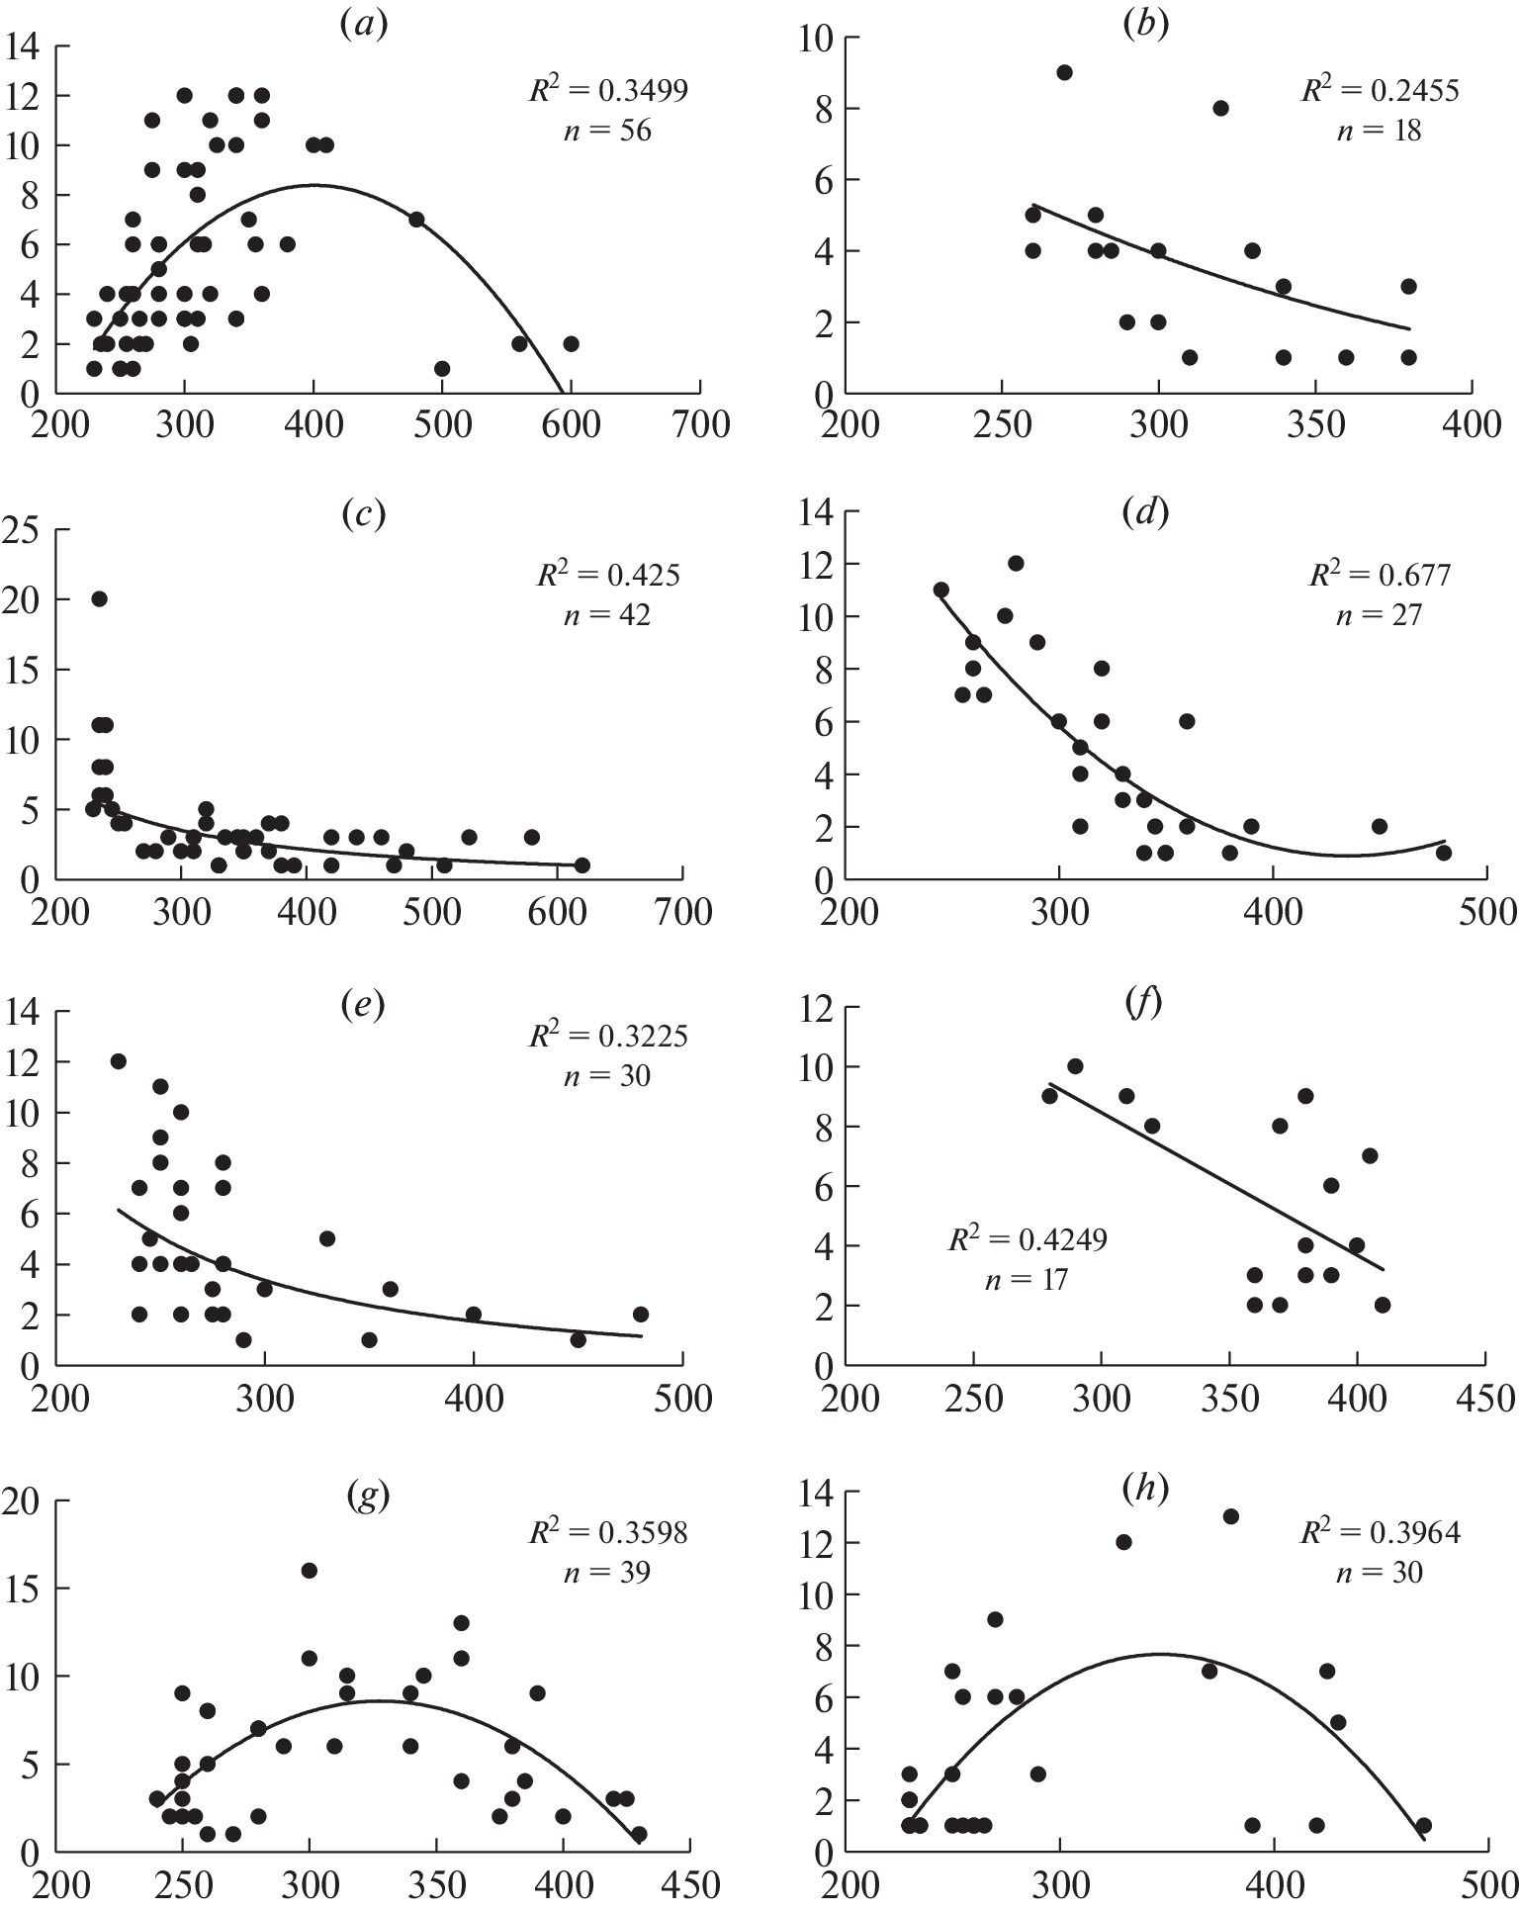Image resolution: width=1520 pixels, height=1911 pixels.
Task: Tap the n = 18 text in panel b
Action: coord(1379,131)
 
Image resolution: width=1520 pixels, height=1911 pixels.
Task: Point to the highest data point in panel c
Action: coord(99,598)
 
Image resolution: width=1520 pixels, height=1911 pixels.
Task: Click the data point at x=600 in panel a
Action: coord(571,343)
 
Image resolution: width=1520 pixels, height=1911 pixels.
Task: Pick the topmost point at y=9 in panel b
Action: coord(1064,72)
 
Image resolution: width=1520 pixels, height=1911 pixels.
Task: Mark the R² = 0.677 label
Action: coord(1380,574)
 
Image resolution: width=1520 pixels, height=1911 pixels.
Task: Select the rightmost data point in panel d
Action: coord(1444,852)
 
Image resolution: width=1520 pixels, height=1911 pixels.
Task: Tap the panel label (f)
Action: coord(1143,1003)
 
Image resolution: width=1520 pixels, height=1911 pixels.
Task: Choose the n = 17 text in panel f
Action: coord(1027,1280)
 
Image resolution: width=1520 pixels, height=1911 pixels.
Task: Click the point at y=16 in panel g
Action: coord(309,1571)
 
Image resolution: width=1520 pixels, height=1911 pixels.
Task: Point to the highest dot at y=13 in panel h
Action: coord(1231,1516)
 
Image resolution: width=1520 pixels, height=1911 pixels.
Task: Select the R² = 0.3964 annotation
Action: coord(1380,1532)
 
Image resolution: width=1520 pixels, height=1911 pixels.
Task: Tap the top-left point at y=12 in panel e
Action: coord(119,1061)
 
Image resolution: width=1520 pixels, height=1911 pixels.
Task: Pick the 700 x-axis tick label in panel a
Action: coord(700,424)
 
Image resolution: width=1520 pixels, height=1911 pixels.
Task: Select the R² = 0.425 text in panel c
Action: coord(608,575)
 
